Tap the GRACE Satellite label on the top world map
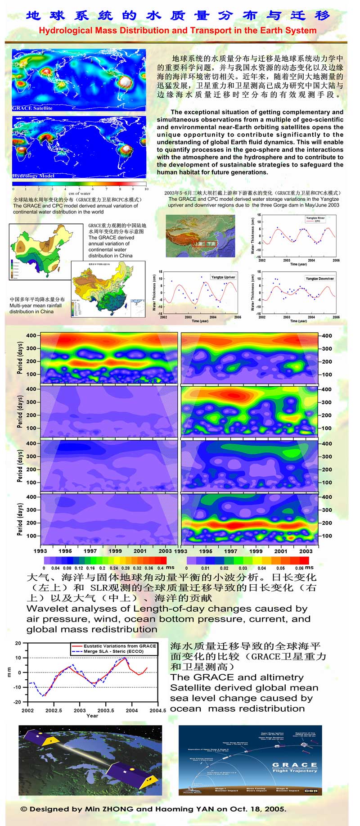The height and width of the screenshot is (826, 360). coord(32,108)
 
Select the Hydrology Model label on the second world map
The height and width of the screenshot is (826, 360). coord(33,176)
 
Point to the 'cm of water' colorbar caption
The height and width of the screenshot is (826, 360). coord(80,194)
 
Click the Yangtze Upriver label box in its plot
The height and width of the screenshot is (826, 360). coord(223,277)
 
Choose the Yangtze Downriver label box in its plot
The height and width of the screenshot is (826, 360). coord(320,279)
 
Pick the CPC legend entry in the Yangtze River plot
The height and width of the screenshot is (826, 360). coord(317,221)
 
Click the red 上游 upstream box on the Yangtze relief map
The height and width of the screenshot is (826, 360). coord(199,244)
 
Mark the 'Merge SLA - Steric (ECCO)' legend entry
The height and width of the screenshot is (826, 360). coord(113,651)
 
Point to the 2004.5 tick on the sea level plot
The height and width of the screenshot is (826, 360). coord(157,711)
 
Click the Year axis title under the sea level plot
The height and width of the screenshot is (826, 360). coord(92,716)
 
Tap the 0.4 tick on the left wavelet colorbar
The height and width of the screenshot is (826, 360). coord(161,568)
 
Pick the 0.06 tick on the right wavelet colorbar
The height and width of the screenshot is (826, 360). coord(299,568)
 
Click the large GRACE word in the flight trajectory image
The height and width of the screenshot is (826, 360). coord(295,765)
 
